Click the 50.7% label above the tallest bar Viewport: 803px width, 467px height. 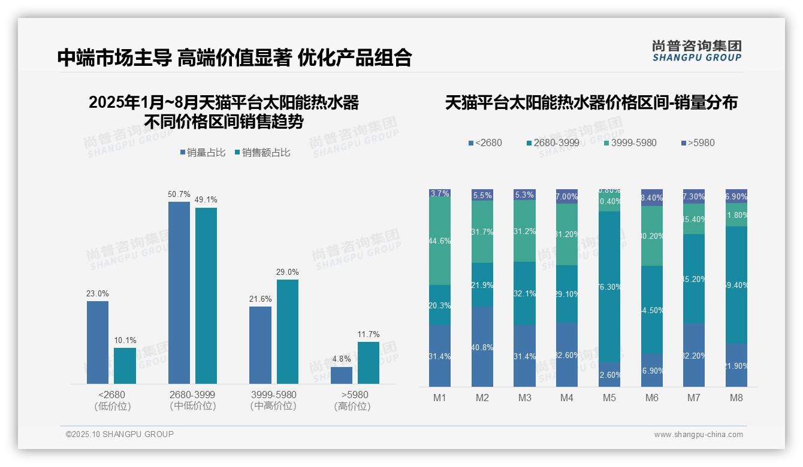tap(179, 195)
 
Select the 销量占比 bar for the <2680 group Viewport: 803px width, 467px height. tap(98, 342)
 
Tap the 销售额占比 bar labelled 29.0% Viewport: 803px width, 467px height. tap(287, 332)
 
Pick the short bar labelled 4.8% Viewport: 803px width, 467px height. tap(342, 375)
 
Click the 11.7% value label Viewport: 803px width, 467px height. tap(369, 335)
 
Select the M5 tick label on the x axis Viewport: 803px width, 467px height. tap(609, 398)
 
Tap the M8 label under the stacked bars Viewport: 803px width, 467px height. tap(736, 398)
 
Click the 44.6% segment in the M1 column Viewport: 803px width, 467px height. tap(440, 241)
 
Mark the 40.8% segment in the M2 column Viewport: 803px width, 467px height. tap(482, 347)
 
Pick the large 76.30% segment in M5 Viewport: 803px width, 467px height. tap(609, 287)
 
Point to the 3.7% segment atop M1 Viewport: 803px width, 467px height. tap(440, 193)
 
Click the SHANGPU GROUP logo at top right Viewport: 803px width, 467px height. tap(696, 51)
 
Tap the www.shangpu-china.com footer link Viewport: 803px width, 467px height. tap(698, 435)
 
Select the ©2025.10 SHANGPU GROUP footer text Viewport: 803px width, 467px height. tap(120, 435)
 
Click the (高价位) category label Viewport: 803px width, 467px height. tap(352, 407)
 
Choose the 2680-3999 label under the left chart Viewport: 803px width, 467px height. tap(192, 395)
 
